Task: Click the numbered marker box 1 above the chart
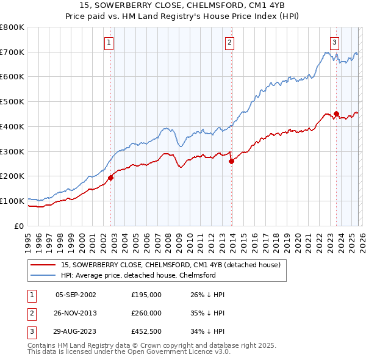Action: (x=109, y=42)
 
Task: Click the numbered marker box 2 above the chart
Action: (x=229, y=42)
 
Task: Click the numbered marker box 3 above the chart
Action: (x=335, y=42)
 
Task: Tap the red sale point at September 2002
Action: (x=111, y=178)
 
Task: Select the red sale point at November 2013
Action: (x=232, y=161)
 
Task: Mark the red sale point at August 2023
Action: (x=336, y=113)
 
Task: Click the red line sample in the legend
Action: (x=44, y=265)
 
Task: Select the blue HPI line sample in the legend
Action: (x=44, y=276)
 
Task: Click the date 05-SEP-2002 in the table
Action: (x=76, y=295)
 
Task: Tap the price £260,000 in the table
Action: (x=146, y=313)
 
